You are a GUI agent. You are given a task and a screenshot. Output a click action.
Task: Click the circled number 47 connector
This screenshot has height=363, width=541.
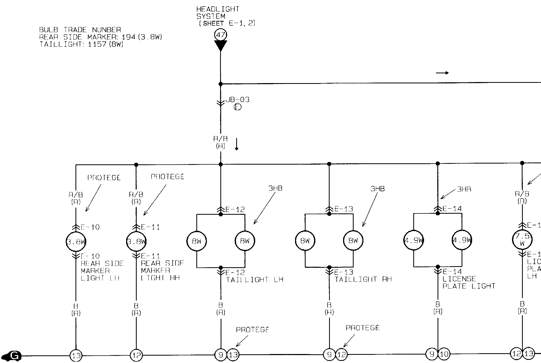click(x=221, y=35)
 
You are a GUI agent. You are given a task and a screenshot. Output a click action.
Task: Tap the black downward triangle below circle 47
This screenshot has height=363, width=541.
click(x=221, y=45)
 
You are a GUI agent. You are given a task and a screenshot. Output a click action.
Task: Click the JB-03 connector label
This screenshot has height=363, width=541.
click(x=238, y=100)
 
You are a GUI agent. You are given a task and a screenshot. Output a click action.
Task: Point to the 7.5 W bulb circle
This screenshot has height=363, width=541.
click(x=522, y=240)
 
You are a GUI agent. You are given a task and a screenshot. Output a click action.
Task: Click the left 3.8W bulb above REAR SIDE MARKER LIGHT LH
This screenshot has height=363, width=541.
click(x=76, y=242)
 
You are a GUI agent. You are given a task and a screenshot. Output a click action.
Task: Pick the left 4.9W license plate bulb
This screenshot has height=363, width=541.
click(x=414, y=240)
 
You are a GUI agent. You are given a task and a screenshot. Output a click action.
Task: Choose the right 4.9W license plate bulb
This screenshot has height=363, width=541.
click(x=462, y=240)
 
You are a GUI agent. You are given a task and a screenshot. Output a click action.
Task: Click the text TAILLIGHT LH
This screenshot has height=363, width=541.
click(x=254, y=280)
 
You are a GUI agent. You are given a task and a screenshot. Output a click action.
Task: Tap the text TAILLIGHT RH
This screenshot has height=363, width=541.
click(x=363, y=279)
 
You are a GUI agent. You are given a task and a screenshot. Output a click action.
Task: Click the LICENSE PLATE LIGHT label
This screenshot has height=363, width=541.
click(x=468, y=282)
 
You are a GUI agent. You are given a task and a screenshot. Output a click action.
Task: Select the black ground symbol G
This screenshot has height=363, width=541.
click(x=12, y=356)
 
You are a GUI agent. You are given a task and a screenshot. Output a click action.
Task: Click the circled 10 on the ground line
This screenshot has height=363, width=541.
click(x=444, y=354)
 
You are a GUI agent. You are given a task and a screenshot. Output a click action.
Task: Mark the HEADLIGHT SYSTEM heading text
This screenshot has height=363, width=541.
click(x=218, y=13)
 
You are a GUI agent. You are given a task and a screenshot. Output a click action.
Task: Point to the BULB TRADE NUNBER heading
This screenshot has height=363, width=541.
click(x=80, y=30)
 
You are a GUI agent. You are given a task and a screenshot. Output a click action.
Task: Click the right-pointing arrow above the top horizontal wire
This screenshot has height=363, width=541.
click(x=442, y=73)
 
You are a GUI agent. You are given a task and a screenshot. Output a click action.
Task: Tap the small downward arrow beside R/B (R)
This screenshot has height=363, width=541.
click(x=237, y=144)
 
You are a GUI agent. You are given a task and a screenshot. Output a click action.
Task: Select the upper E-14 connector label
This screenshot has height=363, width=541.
click(x=452, y=209)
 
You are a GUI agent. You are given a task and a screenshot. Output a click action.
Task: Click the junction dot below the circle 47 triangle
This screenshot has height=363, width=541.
click(x=221, y=84)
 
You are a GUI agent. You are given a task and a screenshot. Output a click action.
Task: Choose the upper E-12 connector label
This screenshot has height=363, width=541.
click(x=235, y=210)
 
